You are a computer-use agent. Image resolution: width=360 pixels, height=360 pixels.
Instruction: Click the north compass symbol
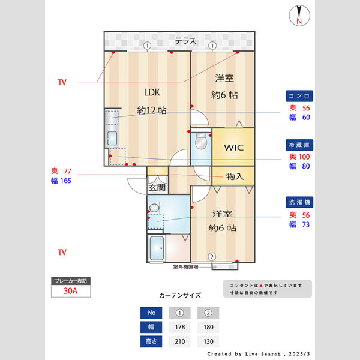298,16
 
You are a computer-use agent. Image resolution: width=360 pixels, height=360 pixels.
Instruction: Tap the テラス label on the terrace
185,41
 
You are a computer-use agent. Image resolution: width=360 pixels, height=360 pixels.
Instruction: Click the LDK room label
151,92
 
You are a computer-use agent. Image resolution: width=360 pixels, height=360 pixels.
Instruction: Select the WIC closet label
233,147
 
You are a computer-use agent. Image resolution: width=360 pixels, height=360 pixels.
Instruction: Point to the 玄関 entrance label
157,187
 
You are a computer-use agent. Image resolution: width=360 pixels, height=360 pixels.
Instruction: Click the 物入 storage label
235,176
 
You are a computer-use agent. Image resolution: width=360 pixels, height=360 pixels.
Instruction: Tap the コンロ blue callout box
299,96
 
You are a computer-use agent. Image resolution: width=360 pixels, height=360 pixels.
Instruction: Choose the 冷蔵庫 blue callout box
299,146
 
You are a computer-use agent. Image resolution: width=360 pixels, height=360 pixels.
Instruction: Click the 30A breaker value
71,291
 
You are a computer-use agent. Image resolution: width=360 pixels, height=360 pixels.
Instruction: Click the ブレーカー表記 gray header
71,281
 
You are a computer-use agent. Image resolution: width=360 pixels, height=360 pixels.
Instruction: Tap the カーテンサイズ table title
179,295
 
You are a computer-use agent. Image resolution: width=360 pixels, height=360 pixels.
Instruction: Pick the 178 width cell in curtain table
178,327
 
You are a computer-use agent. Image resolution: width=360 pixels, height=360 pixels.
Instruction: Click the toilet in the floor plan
200,142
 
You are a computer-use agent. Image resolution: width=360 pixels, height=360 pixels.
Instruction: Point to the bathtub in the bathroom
157,248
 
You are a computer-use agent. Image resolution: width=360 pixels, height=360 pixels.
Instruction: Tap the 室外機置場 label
190,266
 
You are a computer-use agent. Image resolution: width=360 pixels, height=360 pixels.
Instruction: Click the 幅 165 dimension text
61,180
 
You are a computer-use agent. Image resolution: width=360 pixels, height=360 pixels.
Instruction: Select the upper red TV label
62,82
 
